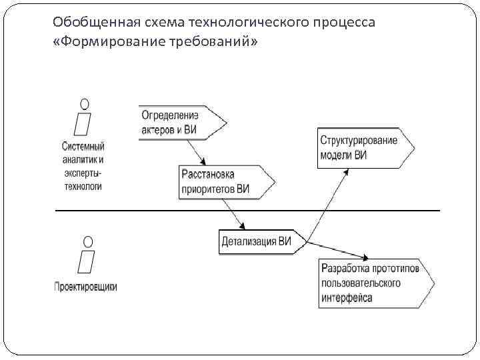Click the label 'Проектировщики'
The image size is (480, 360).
coord(85,287)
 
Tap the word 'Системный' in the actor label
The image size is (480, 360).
coord(83,147)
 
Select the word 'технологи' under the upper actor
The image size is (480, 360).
coord(83,187)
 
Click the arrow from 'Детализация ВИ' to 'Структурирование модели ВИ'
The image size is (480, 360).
coord(327,203)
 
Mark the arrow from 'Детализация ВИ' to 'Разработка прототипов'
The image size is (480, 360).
coord(337,249)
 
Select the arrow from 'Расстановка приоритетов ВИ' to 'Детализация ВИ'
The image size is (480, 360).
coord(233,213)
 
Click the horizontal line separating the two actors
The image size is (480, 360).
coord(167,211)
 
